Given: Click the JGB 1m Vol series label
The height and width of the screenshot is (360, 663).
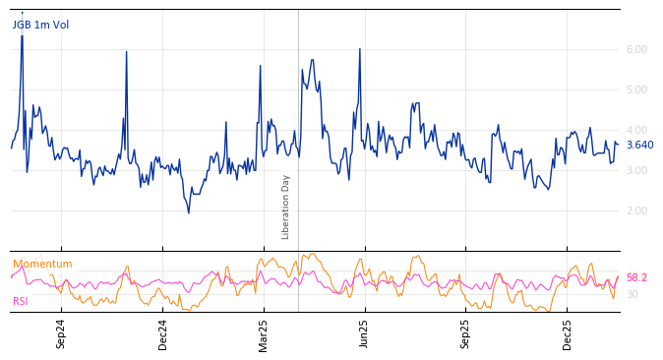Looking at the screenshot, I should tap(40, 26).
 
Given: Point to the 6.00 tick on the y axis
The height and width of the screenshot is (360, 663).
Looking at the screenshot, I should tap(636, 49).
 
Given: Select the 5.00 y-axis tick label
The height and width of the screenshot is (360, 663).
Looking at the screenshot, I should tap(636, 90).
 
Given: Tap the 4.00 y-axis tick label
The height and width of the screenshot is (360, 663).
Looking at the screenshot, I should tap(636, 130).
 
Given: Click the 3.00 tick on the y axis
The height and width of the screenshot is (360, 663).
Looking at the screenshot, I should tap(636, 170).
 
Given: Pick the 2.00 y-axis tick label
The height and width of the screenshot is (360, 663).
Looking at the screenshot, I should tap(636, 210).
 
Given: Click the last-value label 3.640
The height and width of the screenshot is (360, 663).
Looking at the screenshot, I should tap(639, 146).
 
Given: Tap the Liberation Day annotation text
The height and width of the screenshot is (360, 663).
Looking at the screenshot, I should tap(286, 207).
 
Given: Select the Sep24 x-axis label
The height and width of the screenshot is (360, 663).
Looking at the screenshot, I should tap(61, 333).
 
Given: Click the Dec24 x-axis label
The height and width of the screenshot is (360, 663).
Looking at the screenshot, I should tap(163, 333).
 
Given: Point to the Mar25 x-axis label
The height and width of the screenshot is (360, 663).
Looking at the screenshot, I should tap(264, 333).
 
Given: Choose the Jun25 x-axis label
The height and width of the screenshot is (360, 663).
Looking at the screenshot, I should tap(365, 333).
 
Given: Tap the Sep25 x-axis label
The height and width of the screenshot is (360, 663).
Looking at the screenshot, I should tap(466, 333).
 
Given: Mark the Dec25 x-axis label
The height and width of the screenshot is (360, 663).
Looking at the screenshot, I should tap(568, 333).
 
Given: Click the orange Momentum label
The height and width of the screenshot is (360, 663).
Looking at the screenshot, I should tap(42, 265).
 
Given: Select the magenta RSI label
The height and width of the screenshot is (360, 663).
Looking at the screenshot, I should tap(21, 302).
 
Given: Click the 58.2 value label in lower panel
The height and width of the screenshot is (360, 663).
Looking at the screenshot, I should tap(636, 278).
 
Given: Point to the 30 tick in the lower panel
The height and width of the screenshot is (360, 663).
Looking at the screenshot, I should tap(633, 294).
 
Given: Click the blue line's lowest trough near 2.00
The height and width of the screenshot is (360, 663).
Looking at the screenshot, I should tap(189, 212).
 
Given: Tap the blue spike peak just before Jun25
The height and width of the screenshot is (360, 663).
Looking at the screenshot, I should tap(360, 48).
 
